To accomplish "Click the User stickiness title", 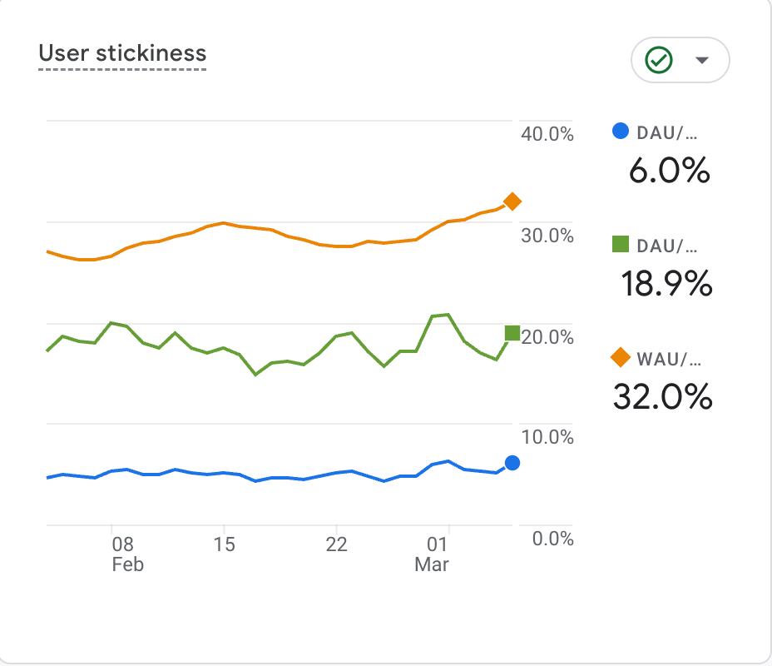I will pos(122,53).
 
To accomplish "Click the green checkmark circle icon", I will pos(660,60).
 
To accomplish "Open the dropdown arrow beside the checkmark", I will pos(701,60).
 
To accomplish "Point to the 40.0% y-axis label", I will pos(547,134).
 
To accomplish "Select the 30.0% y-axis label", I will pos(547,236).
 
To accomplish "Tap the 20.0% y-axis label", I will pos(547,337).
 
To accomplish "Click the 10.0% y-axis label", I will pos(547,437).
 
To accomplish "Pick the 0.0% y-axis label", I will pos(552,539).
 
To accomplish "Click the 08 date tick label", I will pos(123,544).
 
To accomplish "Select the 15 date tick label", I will pos(224,544).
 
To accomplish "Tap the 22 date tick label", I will pos(336,544).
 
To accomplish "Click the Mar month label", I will pos(432,564).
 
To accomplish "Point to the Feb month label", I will pos(127,564).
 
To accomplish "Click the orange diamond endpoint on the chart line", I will pos(512,201).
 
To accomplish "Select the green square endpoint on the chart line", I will pos(512,334).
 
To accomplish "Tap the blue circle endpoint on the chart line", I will pos(512,463).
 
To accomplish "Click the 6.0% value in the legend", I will pos(669,171).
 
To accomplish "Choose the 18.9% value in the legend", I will pos(666,284).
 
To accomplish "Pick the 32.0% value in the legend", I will pos(663,397).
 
